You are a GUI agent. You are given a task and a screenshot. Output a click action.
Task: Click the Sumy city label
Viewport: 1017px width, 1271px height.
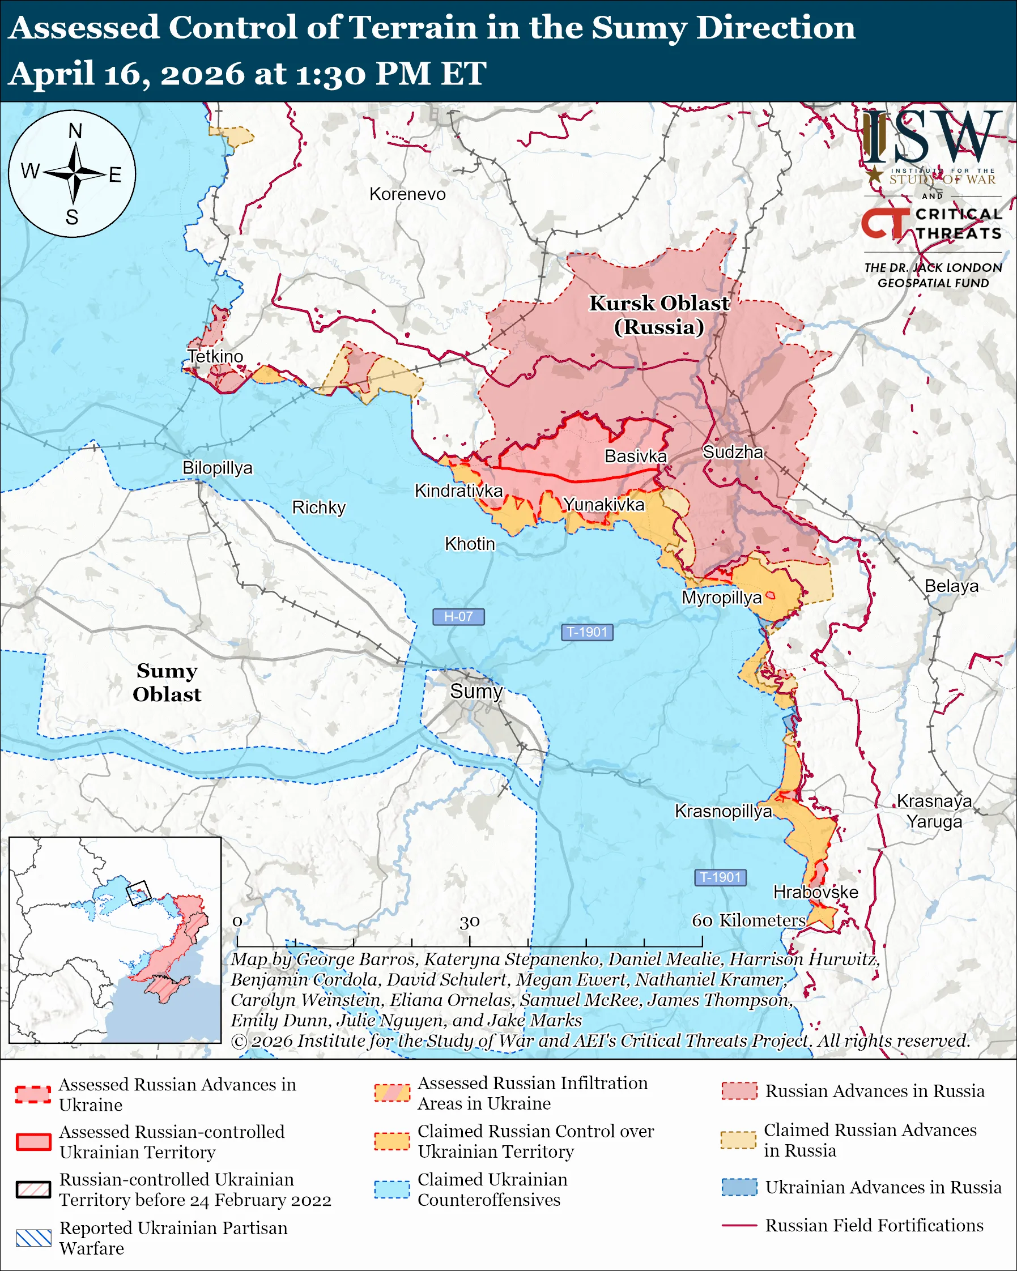coord(476,691)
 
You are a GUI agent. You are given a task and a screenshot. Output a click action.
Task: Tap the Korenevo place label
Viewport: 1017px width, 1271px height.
coord(407,194)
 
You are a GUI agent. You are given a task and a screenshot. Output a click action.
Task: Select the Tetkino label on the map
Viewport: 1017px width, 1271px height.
coord(215,356)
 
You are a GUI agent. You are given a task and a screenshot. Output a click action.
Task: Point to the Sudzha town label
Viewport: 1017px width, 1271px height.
coord(733,452)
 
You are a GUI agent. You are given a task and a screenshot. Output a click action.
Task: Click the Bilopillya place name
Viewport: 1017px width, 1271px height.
coord(217,467)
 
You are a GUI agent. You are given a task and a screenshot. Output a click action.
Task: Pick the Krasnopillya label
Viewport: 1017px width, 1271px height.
coord(723,811)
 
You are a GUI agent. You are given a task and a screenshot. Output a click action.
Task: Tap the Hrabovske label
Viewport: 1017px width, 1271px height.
coord(815,892)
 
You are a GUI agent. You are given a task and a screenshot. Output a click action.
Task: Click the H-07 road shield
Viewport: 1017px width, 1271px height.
coord(458,617)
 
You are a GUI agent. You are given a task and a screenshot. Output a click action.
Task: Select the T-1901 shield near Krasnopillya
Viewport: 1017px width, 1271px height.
coord(720,877)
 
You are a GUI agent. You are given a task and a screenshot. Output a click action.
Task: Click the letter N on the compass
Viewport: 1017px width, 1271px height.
coord(75,131)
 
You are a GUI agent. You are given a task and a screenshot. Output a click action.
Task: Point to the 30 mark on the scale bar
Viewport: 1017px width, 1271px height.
coord(469,922)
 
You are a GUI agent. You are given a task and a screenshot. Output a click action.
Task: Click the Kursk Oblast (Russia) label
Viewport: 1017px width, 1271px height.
coord(659,315)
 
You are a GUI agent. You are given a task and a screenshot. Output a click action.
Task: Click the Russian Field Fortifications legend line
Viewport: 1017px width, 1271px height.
coord(739,1226)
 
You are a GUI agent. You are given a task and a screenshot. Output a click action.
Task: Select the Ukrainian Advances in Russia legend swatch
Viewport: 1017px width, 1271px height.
coord(739,1187)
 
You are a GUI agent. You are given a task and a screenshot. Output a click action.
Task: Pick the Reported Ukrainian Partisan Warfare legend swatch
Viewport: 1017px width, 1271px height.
coord(33,1238)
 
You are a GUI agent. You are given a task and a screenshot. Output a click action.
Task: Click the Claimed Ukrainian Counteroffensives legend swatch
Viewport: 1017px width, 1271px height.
coord(392,1189)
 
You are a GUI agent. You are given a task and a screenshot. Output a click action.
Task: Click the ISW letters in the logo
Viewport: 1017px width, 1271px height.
coord(931,137)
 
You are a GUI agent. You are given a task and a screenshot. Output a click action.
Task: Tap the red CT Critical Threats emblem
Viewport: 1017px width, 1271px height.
coord(885,223)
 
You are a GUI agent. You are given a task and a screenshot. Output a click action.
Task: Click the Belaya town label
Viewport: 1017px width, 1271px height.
coord(951,586)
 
